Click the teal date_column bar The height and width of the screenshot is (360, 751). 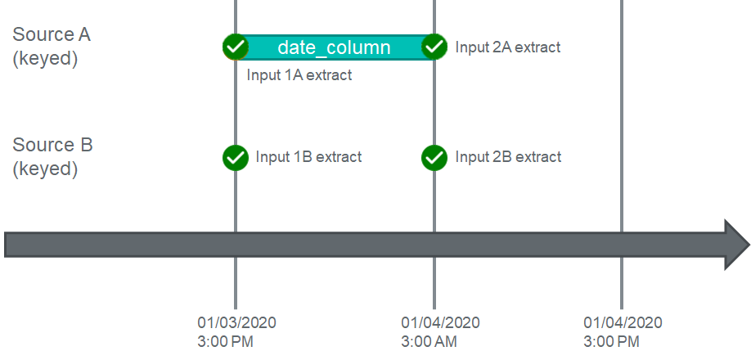click(x=335, y=47)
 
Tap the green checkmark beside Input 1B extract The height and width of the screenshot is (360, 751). click(x=235, y=157)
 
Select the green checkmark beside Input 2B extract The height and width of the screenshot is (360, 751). click(x=434, y=157)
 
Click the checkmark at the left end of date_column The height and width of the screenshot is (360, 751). click(x=235, y=47)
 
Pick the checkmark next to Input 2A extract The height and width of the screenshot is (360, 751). click(x=434, y=47)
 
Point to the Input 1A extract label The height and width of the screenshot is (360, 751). click(x=299, y=75)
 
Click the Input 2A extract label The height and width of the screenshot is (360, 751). click(x=508, y=47)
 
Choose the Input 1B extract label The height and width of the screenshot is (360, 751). click(x=308, y=156)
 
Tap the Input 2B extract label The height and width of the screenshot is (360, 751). click(x=508, y=156)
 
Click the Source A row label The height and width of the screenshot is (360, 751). click(x=52, y=47)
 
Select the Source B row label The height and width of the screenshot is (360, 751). click(x=52, y=156)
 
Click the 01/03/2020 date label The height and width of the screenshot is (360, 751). click(x=236, y=322)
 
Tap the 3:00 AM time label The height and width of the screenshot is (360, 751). click(x=429, y=342)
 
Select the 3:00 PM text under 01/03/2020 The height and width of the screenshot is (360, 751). click(x=225, y=342)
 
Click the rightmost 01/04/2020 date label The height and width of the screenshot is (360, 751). click(x=623, y=322)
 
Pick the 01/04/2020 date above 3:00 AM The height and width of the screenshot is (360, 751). click(x=441, y=322)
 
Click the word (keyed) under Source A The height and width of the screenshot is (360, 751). click(x=45, y=59)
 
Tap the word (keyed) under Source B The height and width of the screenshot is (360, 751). click(x=45, y=169)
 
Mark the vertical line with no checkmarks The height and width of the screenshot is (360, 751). click(x=622, y=155)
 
